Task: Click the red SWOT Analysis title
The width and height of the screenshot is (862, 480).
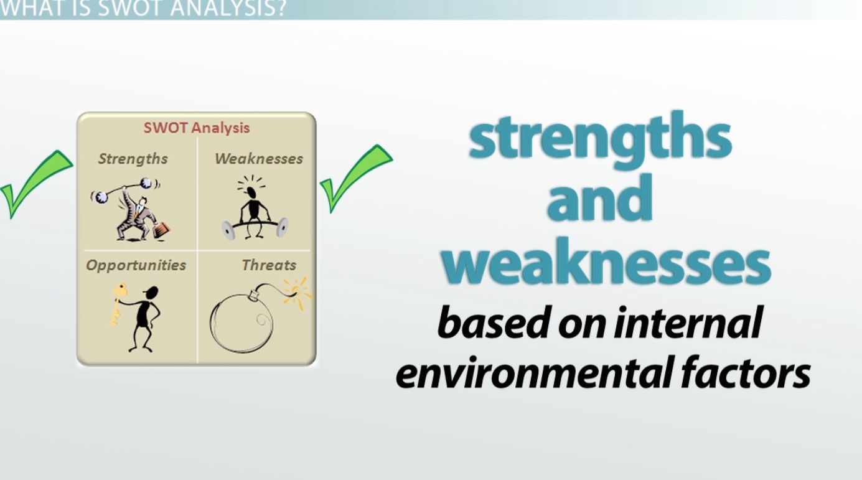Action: pos(197,128)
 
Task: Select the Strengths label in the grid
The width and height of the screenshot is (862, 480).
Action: pos(133,159)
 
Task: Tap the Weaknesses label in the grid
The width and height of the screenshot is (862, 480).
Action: pos(259,159)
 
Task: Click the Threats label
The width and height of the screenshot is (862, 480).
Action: pos(269,265)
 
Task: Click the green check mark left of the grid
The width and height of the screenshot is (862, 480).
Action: pos(37,184)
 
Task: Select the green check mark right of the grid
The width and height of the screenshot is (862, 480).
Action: pos(356,178)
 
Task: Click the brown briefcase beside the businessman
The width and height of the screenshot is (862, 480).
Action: pos(162,230)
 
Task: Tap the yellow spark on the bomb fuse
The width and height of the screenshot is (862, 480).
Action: pos(297,293)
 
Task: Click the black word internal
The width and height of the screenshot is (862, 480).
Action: pos(688,322)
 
